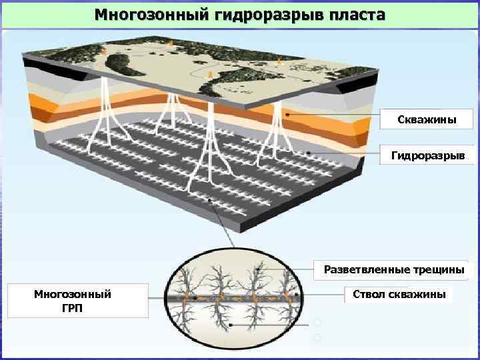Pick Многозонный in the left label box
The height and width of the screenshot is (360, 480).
coord(73,294)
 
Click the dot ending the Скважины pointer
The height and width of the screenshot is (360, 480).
coord(287,115)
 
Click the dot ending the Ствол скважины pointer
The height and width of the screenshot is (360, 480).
coord(295,294)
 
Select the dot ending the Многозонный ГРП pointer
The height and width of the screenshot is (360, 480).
coord(194,298)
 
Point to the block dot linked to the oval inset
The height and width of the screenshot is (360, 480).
coord(209,200)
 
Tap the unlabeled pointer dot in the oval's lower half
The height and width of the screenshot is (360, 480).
coord(230,325)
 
